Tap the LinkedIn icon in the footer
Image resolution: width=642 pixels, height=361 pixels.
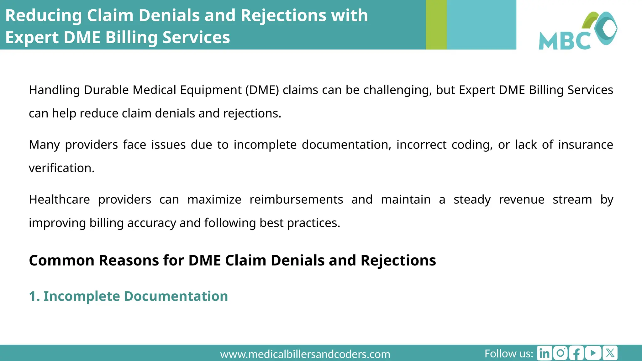pyautogui.click(x=545, y=353)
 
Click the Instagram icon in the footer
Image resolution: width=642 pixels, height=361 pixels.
pyautogui.click(x=560, y=353)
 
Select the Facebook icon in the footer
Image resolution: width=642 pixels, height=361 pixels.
pyautogui.click(x=576, y=353)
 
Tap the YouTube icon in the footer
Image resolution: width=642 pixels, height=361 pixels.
pyautogui.click(x=593, y=353)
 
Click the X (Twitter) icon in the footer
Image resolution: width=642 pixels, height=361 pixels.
pyautogui.click(x=610, y=353)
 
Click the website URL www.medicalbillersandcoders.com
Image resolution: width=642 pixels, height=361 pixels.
pyautogui.click(x=305, y=354)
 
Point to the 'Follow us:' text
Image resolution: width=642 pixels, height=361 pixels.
pyautogui.click(x=508, y=353)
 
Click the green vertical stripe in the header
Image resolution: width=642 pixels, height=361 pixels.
pyautogui.click(x=436, y=25)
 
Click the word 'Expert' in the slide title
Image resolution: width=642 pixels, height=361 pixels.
pyautogui.click(x=32, y=38)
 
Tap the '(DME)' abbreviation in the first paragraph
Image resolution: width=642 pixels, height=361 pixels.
pyautogui.click(x=262, y=90)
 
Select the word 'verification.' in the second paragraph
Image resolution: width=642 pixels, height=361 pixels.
pyautogui.click(x=61, y=168)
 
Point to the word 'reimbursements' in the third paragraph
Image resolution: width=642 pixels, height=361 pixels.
pyautogui.click(x=296, y=200)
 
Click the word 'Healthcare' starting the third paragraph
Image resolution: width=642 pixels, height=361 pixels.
pyautogui.click(x=59, y=200)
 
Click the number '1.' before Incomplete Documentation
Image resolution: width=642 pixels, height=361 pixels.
pyautogui.click(x=34, y=296)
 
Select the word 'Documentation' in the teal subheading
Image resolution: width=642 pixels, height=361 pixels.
pyautogui.click(x=176, y=296)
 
